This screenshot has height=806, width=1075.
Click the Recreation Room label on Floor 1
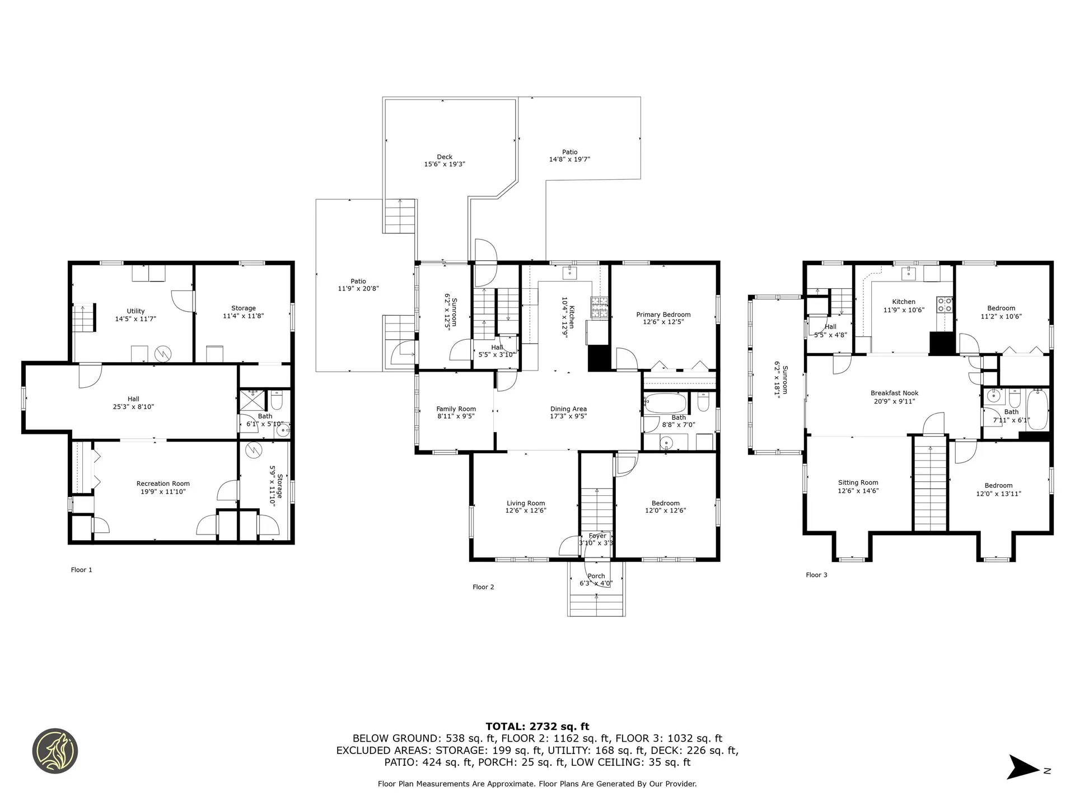pos(163,484)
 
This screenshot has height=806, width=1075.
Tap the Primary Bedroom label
pos(663,315)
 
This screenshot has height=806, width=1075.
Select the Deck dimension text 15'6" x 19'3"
pos(445,165)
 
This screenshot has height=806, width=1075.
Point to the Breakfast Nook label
pos(894,393)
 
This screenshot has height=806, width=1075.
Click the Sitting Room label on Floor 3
pos(858,482)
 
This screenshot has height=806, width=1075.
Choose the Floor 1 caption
pos(81,570)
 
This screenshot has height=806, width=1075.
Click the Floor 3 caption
pos(816,575)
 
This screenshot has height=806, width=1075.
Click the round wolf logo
pos(55,751)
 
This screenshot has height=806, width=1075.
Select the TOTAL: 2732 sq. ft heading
pos(537,727)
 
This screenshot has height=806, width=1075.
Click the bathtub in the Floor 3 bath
pos(1037,410)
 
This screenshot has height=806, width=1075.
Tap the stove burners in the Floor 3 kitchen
pos(945,304)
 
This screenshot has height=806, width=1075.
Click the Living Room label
pos(526,503)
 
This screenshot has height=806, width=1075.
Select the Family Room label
pos(456,409)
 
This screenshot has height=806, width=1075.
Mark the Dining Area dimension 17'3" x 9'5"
pos(568,416)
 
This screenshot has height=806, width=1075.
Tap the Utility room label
pos(135,311)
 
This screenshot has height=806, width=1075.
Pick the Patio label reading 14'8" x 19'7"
pos(569,156)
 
